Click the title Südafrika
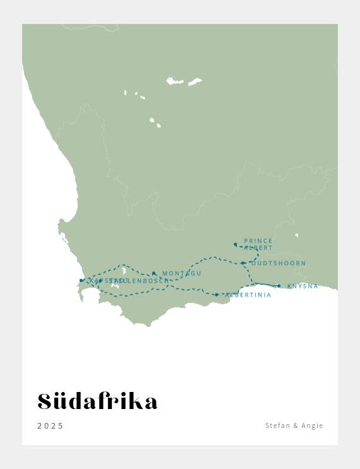click(x=97, y=401)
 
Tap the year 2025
click(x=51, y=426)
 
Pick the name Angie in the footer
click(x=312, y=426)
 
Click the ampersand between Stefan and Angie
click(x=295, y=426)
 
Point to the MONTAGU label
click(x=182, y=274)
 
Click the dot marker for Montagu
click(x=153, y=273)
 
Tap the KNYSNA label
click(x=303, y=287)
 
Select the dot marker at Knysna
click(x=279, y=286)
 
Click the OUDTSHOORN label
click(x=278, y=263)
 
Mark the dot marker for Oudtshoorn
click(x=243, y=263)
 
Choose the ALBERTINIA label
click(x=248, y=295)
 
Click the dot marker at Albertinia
click(x=217, y=295)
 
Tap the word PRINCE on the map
click(x=258, y=241)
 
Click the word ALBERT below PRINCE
click(x=258, y=248)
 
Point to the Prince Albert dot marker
click(x=235, y=244)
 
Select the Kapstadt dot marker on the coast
click(x=81, y=280)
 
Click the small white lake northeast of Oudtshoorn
click(x=296, y=235)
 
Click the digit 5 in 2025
click(x=61, y=426)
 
